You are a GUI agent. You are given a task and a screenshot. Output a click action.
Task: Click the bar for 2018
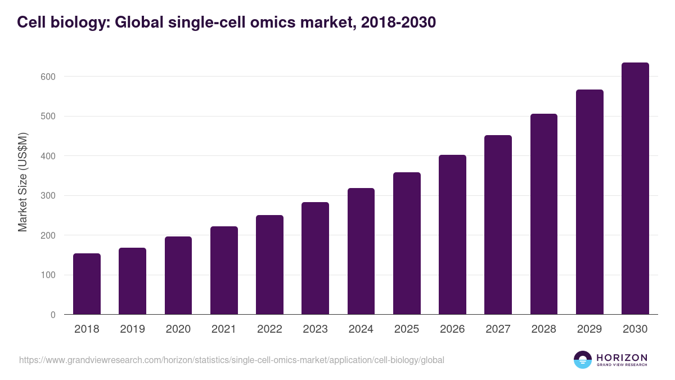tap(87, 284)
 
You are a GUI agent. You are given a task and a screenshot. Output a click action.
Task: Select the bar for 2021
tap(224, 271)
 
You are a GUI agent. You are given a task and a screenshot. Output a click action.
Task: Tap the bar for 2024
tap(361, 252)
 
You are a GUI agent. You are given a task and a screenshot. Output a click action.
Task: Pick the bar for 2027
tap(498, 225)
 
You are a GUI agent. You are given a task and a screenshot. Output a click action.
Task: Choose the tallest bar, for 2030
tap(635, 189)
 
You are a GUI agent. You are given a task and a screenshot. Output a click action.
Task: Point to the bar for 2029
tap(589, 202)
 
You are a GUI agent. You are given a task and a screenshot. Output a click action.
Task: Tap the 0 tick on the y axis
tap(53, 315)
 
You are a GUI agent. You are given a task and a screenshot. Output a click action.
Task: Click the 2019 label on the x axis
tap(133, 329)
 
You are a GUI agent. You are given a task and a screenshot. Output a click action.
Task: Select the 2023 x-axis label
tap(315, 329)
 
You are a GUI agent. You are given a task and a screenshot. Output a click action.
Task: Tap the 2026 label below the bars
tap(452, 329)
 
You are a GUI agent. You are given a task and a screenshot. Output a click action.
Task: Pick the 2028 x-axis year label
tap(544, 329)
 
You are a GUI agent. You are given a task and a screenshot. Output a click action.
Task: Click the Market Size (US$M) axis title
tap(22, 182)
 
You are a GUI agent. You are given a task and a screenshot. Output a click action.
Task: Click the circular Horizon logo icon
tap(583, 360)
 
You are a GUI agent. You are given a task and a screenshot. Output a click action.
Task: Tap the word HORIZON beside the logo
tap(622, 357)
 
